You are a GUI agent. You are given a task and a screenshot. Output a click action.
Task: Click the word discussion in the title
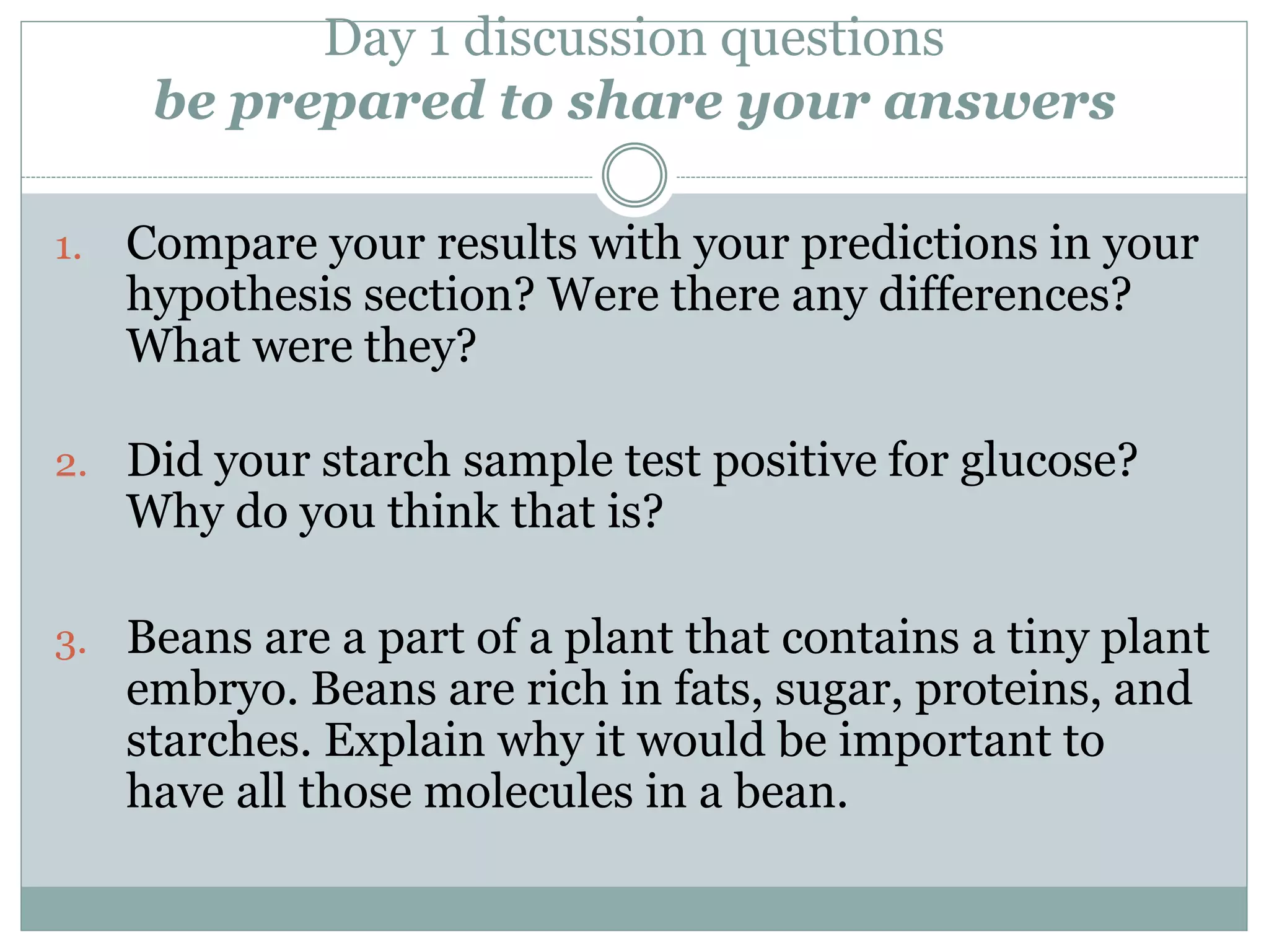click(584, 38)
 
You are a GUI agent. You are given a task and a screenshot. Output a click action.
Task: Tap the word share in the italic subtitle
click(645, 101)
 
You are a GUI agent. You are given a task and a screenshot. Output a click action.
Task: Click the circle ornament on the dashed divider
click(634, 175)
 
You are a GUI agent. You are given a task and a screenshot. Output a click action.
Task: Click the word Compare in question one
click(221, 244)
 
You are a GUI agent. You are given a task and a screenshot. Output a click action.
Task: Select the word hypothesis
click(239, 295)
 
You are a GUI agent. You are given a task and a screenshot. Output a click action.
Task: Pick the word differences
click(1004, 295)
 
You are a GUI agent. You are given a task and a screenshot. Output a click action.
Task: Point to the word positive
click(794, 462)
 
